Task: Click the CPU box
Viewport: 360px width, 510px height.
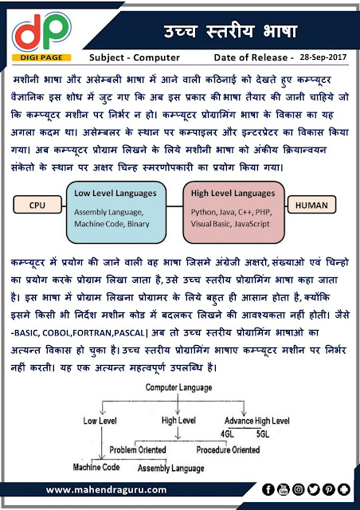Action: point(37,205)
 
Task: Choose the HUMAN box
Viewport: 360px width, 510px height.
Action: point(315,205)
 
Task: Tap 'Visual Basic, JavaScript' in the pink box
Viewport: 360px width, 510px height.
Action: point(229,226)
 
